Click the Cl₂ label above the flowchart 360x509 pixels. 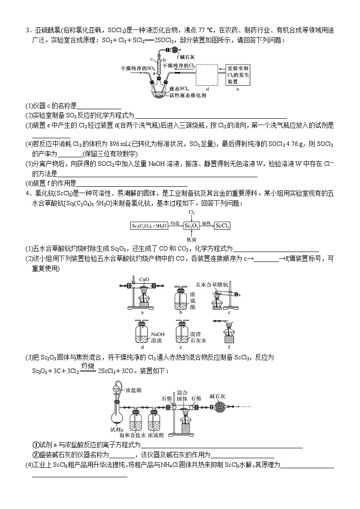[191, 212]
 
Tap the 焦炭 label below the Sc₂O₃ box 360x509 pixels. [191, 239]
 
